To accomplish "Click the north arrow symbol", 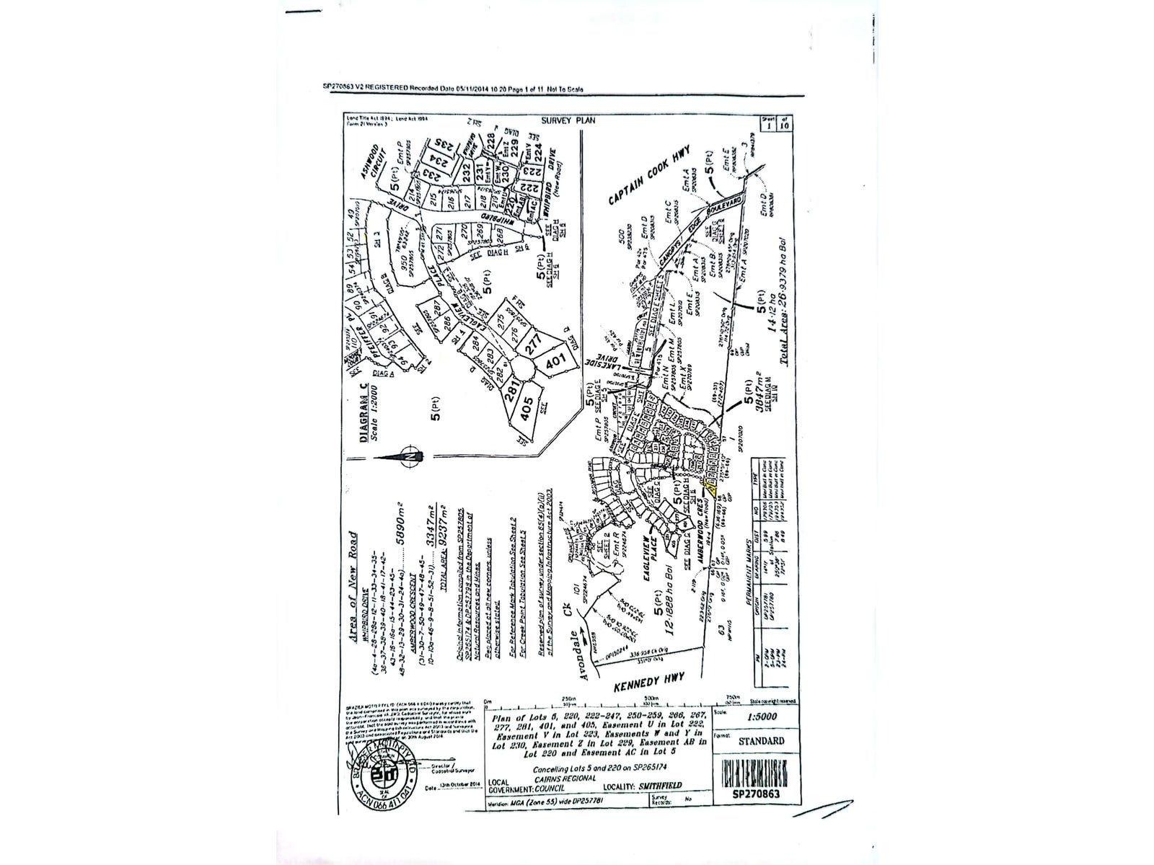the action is [x=408, y=456].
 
